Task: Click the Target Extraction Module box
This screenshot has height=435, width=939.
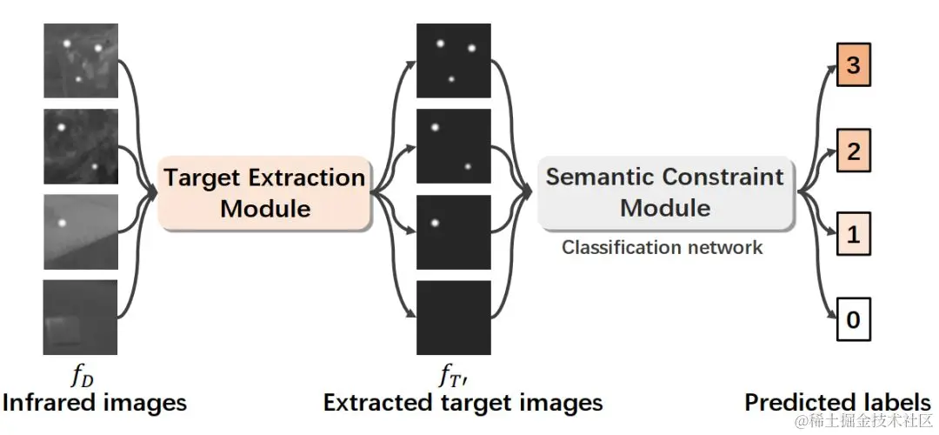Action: (263, 193)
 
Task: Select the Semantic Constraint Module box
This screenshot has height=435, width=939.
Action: (665, 192)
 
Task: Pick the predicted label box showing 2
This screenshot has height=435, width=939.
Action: (853, 151)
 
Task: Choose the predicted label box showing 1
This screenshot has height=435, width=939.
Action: (853, 235)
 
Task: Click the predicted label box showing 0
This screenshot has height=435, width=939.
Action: (853, 319)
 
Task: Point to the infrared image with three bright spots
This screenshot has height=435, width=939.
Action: (80, 61)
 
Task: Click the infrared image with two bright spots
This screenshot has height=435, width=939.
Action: (80, 146)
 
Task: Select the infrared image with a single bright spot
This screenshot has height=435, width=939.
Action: (80, 232)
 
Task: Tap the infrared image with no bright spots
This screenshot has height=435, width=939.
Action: (80, 318)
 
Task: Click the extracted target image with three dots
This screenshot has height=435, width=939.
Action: (453, 61)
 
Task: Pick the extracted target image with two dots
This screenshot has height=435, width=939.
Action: (453, 146)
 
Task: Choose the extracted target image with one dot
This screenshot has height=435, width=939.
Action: (453, 231)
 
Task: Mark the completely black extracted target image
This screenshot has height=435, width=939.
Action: (453, 318)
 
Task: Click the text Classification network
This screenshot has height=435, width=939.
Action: (662, 247)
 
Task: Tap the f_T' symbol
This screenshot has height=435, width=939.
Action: (454, 377)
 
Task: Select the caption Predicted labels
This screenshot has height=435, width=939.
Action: (837, 403)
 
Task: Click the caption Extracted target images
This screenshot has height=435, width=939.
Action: (463, 403)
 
